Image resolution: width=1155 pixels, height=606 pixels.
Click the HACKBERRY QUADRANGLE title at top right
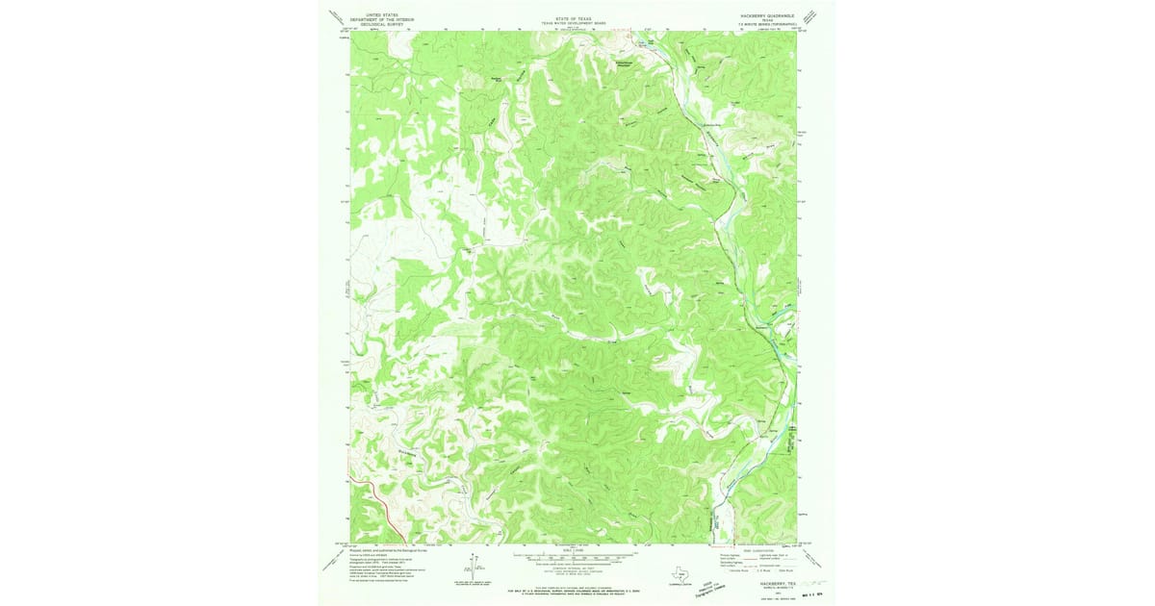click(x=767, y=16)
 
